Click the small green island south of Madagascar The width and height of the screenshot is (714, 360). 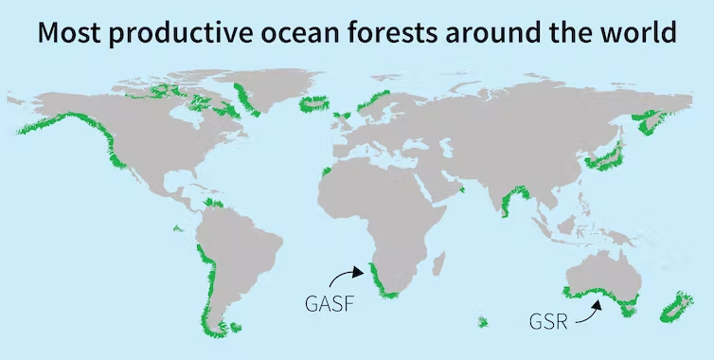(482, 323)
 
